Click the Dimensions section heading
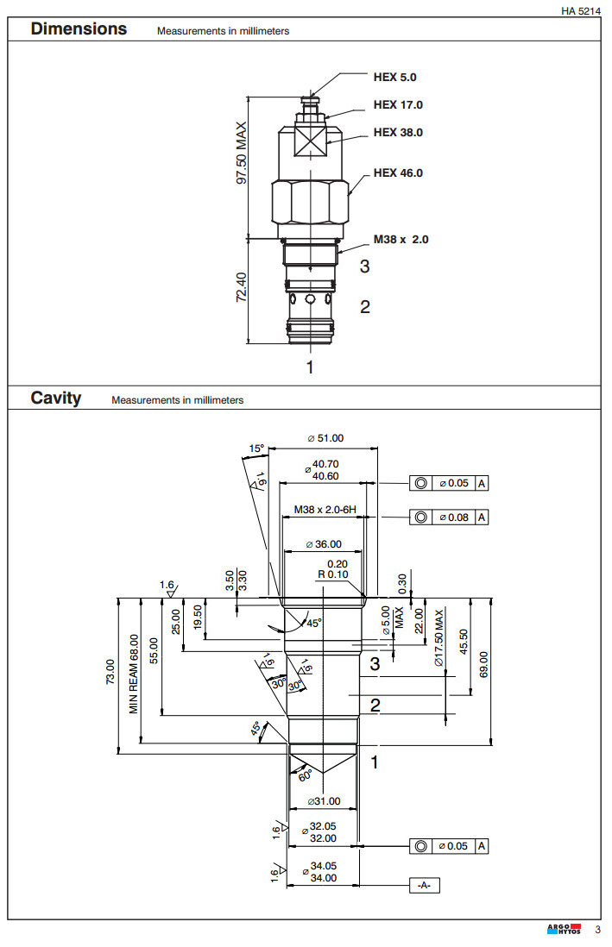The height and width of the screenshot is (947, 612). pos(79,28)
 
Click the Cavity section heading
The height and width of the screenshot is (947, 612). pos(56,398)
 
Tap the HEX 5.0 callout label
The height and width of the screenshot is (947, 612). pos(394,77)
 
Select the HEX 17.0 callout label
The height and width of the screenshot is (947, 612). pos(398,105)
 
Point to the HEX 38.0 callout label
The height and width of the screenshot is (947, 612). pos(398,133)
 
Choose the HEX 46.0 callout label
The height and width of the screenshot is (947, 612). pos(398,173)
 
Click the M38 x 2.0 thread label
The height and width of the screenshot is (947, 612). pos(401,239)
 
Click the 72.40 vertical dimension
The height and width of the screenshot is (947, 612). pos(243,286)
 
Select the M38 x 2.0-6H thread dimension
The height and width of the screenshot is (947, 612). pos(325,510)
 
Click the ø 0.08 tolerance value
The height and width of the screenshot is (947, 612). pos(453,517)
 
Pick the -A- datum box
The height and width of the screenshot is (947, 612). pos(423,886)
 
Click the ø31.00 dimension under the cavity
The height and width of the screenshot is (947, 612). pos(324,801)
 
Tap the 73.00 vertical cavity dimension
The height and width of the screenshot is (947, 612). pos(110,674)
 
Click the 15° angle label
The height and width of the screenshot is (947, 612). pos(256,448)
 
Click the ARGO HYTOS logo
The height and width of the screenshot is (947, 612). pos(564,930)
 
